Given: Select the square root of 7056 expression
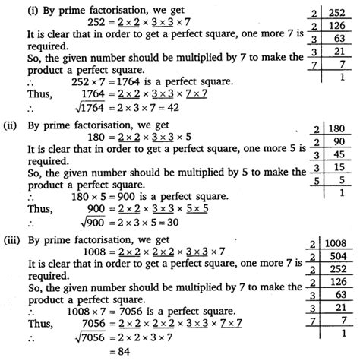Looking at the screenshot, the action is [70, 337].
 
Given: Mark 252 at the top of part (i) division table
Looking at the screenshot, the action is [338, 8].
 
